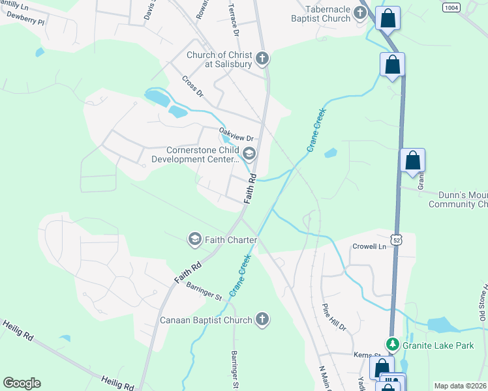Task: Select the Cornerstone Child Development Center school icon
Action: [x=249, y=154]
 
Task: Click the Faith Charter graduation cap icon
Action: [x=194, y=240]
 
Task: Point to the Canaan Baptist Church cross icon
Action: [x=262, y=319]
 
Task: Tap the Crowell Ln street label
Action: [x=369, y=247]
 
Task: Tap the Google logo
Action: [x=22, y=383]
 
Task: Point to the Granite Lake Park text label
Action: [x=438, y=345]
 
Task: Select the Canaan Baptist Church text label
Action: [x=206, y=320]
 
